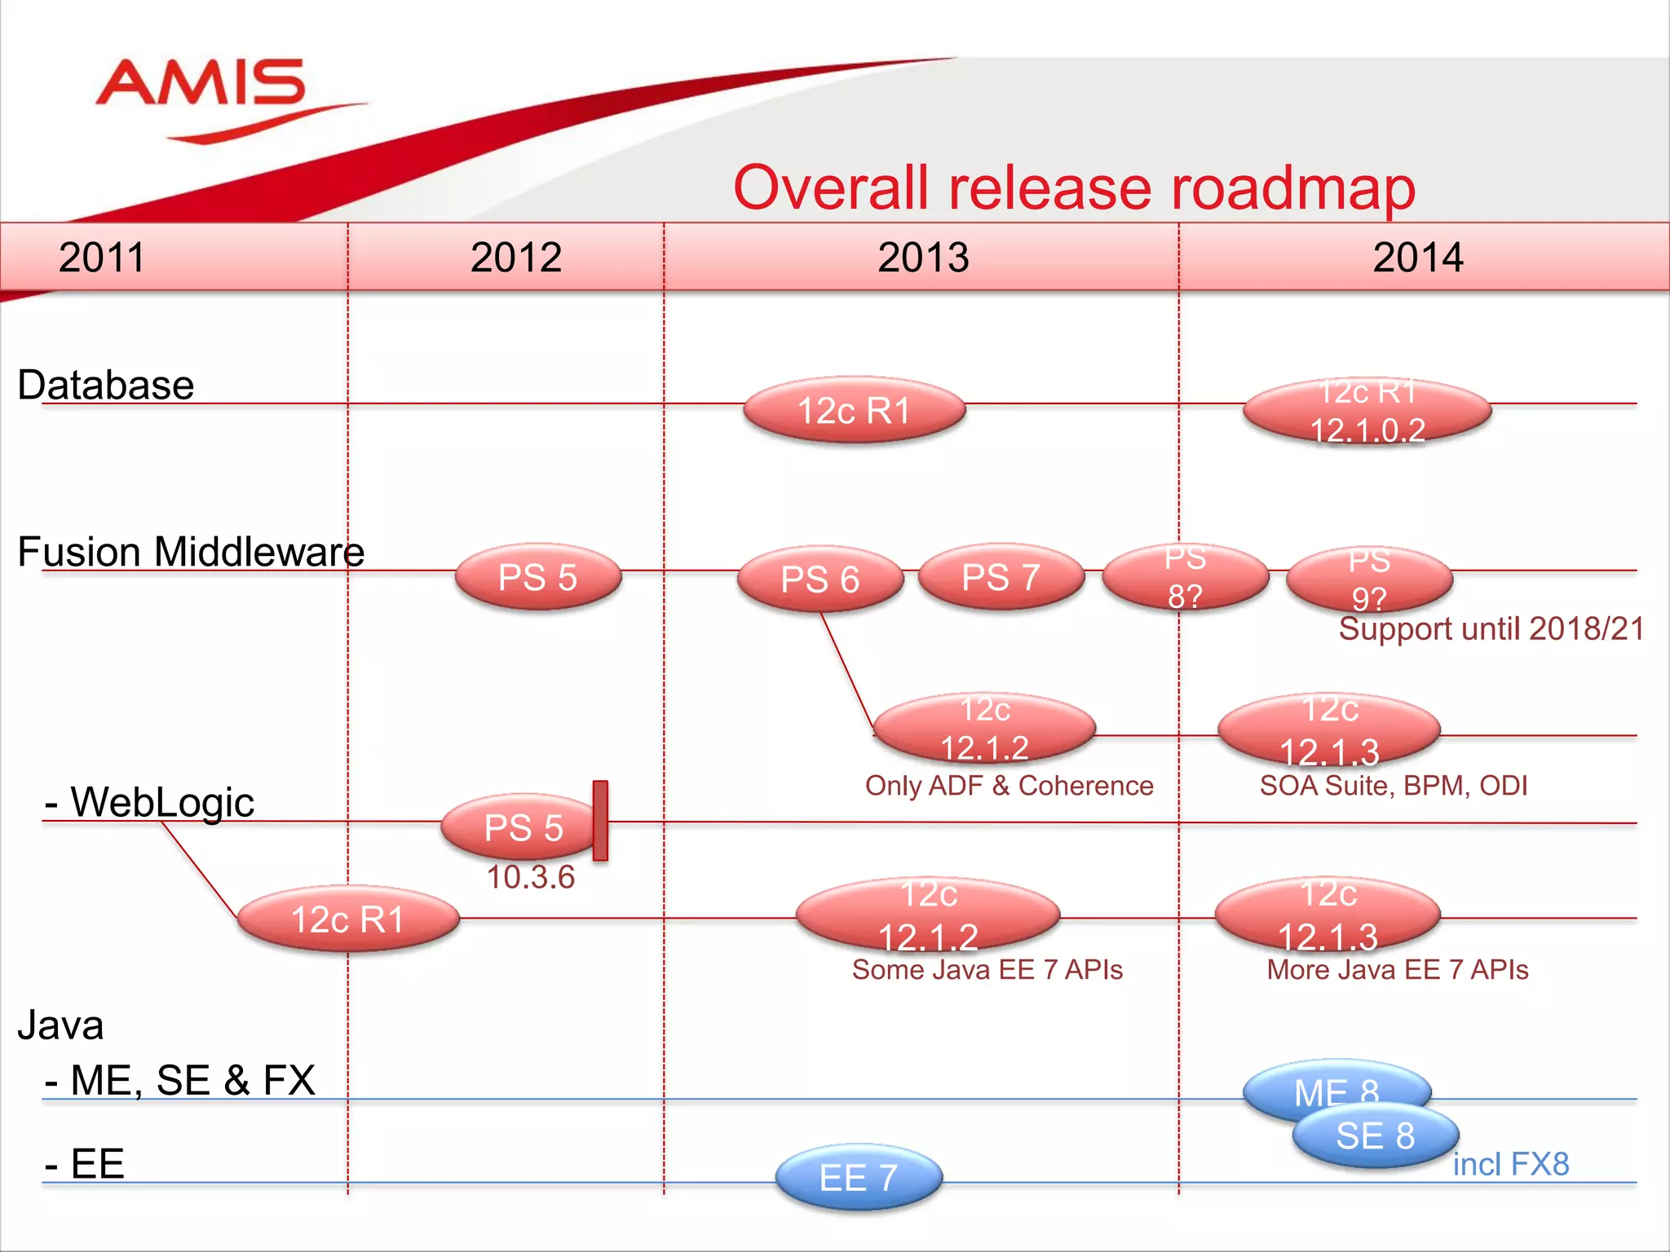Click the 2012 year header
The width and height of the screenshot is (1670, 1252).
pos(515,258)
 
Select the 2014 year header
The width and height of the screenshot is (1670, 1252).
pos(1417,258)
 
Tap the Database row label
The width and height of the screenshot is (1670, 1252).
pos(106,385)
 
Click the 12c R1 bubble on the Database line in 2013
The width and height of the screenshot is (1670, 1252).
pos(854,410)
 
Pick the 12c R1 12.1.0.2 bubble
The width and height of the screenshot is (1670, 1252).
pos(1367,411)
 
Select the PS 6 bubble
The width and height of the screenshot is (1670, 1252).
pos(820,580)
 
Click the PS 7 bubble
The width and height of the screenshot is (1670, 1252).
pos(1001,577)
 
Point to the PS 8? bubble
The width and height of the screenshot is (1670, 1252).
pos(1185,578)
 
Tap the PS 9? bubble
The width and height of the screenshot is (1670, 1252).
pos(1369,580)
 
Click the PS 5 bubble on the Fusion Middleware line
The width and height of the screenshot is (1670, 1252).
pos(537,578)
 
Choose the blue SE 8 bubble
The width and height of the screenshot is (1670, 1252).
pos(1376,1135)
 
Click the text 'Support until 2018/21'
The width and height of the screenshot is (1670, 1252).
pos(1491,628)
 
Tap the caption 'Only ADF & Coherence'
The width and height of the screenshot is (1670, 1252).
pos(1009,785)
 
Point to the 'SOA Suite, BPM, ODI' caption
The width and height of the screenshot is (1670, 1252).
pos(1393,785)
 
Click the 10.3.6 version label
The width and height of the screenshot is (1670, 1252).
pos(531,877)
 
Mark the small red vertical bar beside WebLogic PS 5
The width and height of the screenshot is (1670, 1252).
pos(600,820)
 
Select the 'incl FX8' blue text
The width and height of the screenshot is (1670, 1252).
pos(1510,1164)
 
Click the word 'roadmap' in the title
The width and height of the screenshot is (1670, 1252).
pos(1293,188)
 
